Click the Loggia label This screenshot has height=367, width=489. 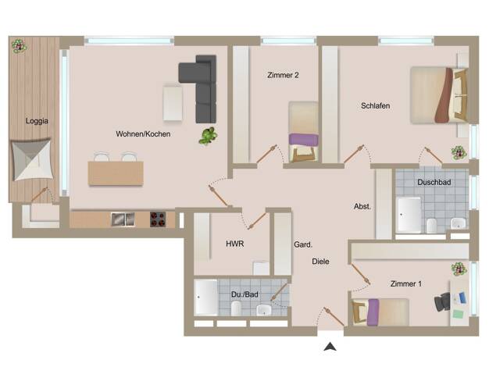37,121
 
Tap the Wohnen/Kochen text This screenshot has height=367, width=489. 143,134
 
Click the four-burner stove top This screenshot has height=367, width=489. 158,219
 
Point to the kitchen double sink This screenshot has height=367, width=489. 123,219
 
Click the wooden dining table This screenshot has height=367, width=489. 116,173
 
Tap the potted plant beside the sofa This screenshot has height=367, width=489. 209,136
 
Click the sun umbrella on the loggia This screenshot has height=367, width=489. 31,159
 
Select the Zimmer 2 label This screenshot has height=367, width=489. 283,75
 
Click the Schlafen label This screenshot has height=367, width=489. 376,105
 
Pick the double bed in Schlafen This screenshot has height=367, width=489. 439,95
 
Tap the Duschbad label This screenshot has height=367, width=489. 434,182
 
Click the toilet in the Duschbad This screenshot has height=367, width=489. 431,226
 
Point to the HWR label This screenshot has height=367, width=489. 235,244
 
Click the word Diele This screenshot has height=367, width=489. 320,262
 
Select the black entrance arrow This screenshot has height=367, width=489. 330,347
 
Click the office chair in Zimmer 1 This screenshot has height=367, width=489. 442,302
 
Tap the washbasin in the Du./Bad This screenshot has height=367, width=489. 264,310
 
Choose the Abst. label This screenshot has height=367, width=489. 362,206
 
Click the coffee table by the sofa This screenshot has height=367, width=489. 173,102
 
